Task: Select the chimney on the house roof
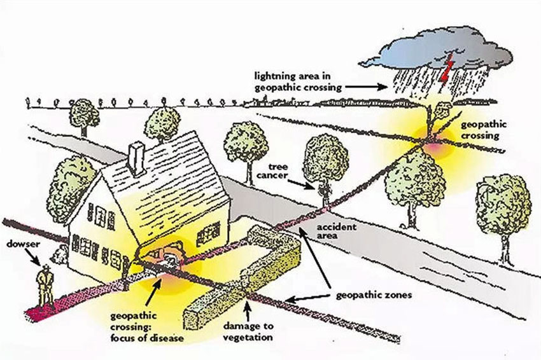(136, 158)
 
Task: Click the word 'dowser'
(23, 244)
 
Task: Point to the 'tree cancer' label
(272, 171)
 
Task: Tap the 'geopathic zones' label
(374, 296)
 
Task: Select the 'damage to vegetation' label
(248, 331)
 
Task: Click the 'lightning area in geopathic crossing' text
(298, 81)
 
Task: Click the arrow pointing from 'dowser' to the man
(33, 257)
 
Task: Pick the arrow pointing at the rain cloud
(367, 87)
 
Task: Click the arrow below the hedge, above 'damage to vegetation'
(247, 309)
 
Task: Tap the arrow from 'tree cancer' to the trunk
(301, 183)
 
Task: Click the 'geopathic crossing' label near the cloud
(484, 130)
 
